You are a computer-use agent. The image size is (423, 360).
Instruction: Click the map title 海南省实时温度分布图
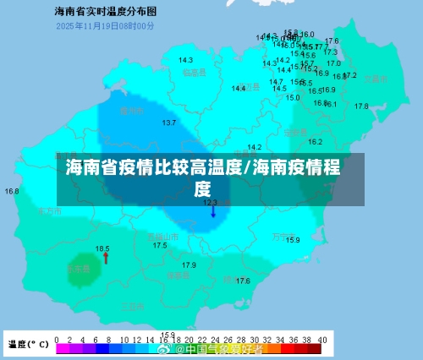[105, 13]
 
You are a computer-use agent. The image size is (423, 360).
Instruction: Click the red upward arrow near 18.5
[106, 259]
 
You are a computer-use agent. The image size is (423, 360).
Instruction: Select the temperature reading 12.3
[210, 202]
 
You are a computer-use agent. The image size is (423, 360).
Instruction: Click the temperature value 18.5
[102, 248]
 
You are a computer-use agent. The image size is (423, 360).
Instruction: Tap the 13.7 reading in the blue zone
[169, 123]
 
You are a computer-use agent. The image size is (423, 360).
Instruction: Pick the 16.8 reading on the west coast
[12, 191]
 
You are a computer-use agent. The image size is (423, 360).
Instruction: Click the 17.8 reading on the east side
[361, 106]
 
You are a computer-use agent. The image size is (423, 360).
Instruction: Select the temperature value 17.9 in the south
[189, 265]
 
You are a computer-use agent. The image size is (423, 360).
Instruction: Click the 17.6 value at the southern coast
[243, 281]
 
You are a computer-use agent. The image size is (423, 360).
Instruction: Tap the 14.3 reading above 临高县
[185, 60]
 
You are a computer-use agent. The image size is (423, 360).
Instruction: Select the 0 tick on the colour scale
[57, 339]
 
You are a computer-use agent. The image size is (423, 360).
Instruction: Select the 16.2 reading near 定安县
[315, 142]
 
